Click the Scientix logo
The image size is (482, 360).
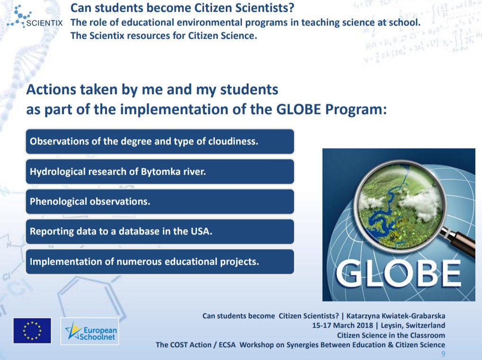coord(33,18)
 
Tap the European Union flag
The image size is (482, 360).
coord(32,330)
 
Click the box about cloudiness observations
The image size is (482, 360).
coord(160,142)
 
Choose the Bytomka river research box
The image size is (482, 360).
coord(160,171)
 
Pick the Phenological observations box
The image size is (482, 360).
coord(160,201)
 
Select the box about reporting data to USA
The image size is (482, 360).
coord(160,232)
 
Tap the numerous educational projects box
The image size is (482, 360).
coord(160,261)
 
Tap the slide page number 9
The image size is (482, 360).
coord(443,354)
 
